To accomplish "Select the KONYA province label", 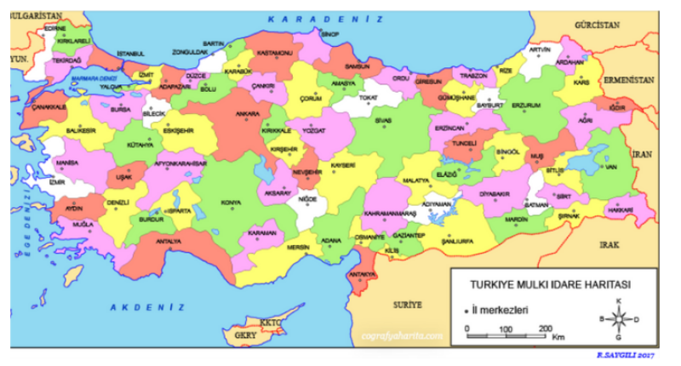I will tap(231, 203).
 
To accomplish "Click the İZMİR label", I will tap(57, 182).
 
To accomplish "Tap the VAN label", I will tap(609, 167).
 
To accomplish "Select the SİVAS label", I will tap(384, 121).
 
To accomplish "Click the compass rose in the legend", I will tap(619, 319).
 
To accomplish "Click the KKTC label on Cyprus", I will tap(270, 323).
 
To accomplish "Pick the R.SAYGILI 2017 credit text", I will tap(626, 353).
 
